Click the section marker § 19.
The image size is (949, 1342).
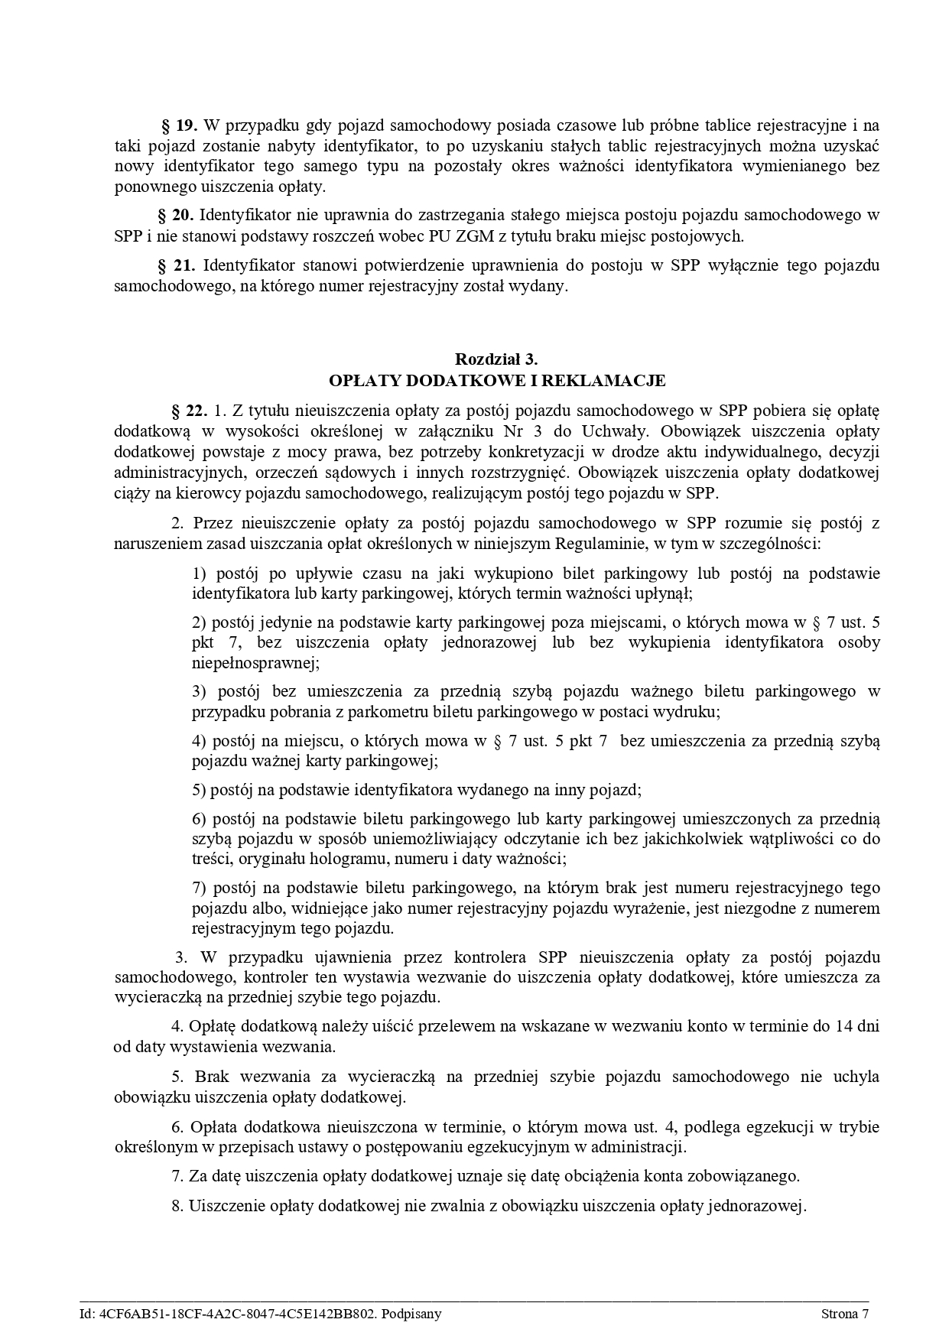[x=180, y=125]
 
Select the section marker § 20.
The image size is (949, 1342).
[x=175, y=215]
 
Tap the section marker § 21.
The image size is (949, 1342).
[x=176, y=265]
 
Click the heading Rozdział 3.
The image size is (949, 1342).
[x=497, y=359]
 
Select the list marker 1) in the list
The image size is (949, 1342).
[x=200, y=574]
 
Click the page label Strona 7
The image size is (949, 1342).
[x=845, y=1314]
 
